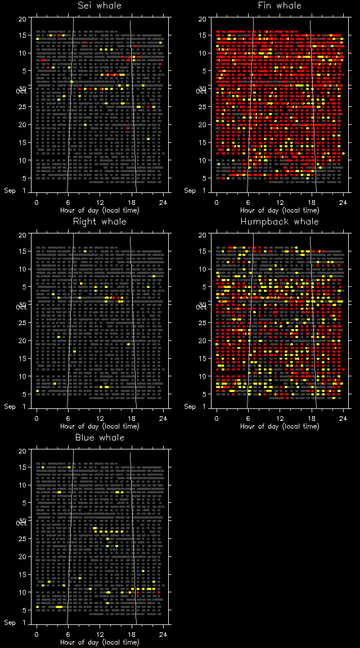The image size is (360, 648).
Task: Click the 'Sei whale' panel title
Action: [x=100, y=6]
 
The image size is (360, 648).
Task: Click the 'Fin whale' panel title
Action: [x=280, y=6]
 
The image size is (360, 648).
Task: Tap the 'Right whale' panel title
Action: [x=100, y=222]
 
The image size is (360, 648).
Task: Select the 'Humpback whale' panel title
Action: [x=280, y=222]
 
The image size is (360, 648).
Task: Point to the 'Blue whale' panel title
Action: [x=100, y=438]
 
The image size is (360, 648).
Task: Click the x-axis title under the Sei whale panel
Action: [x=100, y=210]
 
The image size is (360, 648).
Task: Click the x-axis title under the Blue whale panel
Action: [x=100, y=642]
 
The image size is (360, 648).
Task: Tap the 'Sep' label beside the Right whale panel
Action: [x=10, y=407]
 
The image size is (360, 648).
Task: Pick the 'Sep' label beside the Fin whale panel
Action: [x=190, y=191]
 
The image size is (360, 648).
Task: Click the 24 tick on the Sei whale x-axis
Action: [x=163, y=202]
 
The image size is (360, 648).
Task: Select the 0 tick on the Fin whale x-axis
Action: [x=217, y=202]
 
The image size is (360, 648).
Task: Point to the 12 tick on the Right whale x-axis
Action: [x=100, y=418]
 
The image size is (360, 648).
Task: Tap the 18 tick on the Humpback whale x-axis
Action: [x=312, y=418]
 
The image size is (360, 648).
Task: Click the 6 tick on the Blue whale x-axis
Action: [x=69, y=634]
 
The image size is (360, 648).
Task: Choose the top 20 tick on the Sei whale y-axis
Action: [x=22, y=19]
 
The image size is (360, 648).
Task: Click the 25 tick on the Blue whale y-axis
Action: [x=22, y=539]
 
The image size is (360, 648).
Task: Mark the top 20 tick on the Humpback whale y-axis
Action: [x=202, y=235]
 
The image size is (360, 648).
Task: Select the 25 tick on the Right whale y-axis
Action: [x=22, y=323]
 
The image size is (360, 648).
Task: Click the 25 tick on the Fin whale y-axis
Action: [x=202, y=107]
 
